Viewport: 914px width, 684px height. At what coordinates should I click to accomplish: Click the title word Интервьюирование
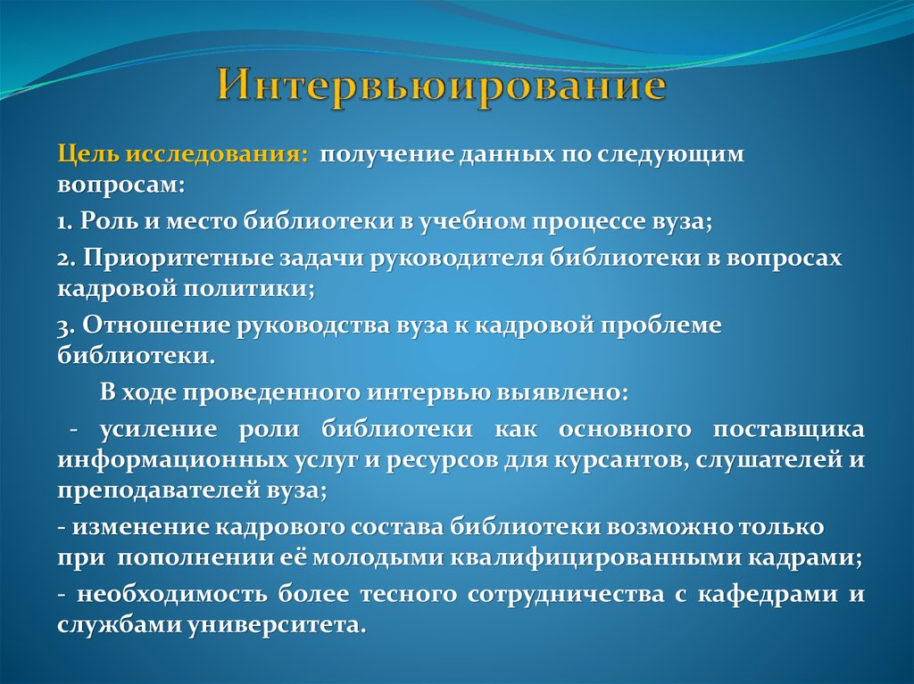(441, 88)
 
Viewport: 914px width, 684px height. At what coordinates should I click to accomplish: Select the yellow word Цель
(89, 154)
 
